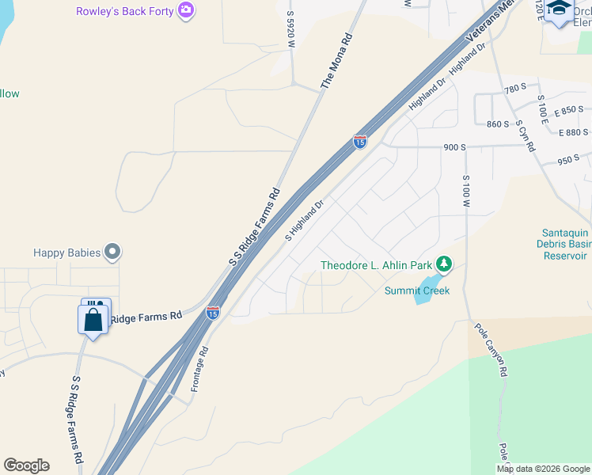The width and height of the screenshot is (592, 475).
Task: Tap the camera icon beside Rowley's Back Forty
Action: click(187, 10)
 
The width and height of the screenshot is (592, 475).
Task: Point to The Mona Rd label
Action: click(336, 61)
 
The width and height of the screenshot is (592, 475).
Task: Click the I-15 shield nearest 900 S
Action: click(360, 142)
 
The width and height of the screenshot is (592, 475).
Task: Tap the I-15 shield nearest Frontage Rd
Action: click(213, 313)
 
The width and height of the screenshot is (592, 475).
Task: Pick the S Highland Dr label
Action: click(305, 220)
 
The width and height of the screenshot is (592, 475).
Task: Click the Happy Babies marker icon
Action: click(113, 253)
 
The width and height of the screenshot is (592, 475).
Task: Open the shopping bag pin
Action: click(93, 320)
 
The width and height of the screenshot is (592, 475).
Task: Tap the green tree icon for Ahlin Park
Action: click(445, 264)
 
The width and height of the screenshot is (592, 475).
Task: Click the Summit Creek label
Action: click(416, 291)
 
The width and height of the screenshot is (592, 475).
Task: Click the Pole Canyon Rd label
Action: click(491, 349)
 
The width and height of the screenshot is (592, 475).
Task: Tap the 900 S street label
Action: click(455, 147)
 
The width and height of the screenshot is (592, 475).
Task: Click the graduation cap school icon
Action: click(560, 8)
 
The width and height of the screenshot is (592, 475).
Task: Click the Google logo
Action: click(26, 465)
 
